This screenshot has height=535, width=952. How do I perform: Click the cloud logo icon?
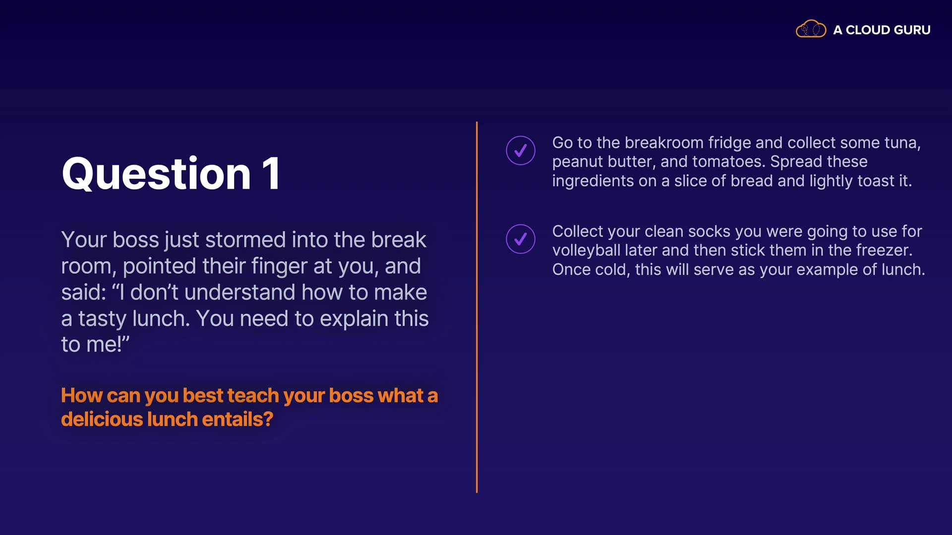coord(811,29)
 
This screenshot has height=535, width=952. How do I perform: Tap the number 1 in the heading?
coord(272,173)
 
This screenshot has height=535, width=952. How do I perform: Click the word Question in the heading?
coord(156,173)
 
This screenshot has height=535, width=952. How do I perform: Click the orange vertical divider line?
coord(476,307)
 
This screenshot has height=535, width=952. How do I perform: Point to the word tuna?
coord(902,143)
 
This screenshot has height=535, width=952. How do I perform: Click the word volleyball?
coord(587,250)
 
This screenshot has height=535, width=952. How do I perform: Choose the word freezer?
coord(883,250)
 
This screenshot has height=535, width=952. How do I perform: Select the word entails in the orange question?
coord(238,419)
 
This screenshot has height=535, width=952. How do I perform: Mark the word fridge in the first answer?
coord(730,143)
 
